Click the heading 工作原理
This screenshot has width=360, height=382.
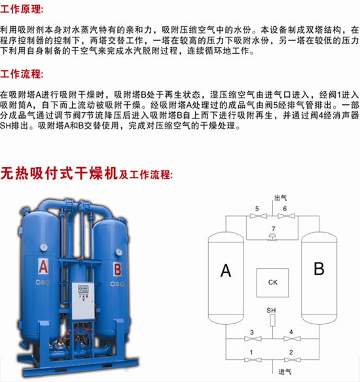coord(22,10)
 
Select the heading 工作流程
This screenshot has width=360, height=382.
coord(22,74)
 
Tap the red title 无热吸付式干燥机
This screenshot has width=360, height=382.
coord(59,173)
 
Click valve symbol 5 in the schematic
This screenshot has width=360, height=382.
coord(258,216)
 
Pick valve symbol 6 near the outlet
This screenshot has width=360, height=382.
coord(286,216)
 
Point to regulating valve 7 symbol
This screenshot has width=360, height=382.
coord(272,237)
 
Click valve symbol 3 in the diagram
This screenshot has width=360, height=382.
coord(253,339)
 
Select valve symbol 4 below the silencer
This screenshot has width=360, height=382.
coord(292,339)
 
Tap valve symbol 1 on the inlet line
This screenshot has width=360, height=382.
coord(253,360)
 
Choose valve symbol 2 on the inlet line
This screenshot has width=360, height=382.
coord(292,360)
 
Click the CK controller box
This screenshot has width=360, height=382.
coord(272,282)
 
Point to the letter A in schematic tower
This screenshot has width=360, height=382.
coord(226,271)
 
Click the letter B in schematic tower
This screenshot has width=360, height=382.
coord(319,269)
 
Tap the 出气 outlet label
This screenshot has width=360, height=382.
coord(281,198)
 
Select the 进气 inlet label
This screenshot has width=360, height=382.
coord(285,372)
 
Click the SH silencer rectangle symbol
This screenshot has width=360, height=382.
coord(272,320)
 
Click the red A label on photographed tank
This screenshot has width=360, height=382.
coord(43,266)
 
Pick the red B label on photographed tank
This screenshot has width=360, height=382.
coord(118,269)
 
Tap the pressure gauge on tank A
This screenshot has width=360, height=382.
coord(44,247)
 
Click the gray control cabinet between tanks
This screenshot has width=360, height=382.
coord(83,301)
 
